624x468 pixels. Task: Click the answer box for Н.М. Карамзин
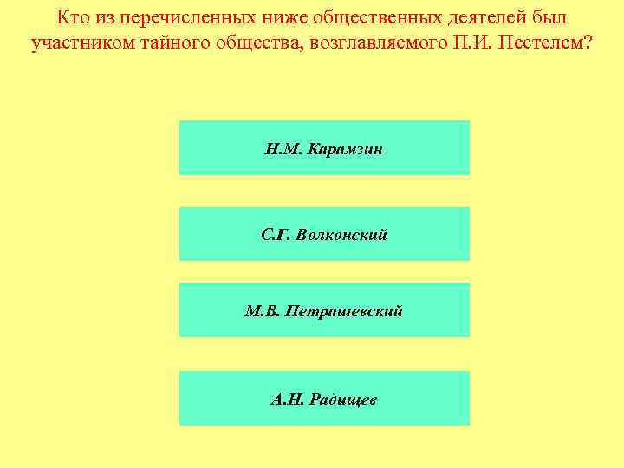click(324, 148)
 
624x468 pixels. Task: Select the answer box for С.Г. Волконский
click(324, 234)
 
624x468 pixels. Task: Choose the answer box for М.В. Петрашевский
click(324, 309)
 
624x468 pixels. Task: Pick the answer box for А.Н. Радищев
click(324, 399)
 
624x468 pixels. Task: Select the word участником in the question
click(76, 43)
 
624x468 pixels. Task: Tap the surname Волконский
click(341, 235)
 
